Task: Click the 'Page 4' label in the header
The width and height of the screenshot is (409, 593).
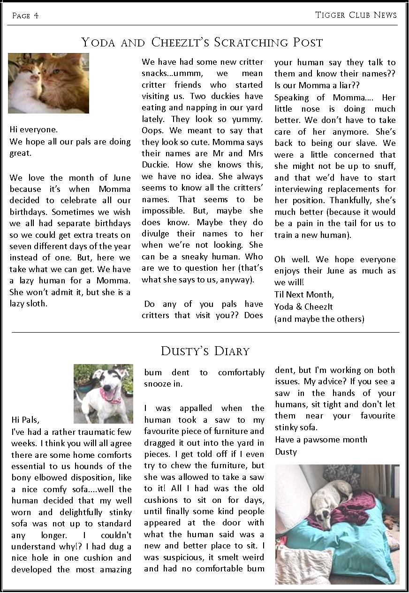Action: (x=25, y=16)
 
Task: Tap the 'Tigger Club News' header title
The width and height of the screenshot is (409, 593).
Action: (x=356, y=15)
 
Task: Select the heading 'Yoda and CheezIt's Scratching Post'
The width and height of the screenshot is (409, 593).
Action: (x=202, y=43)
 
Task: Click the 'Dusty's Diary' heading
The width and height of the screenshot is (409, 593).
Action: (x=205, y=351)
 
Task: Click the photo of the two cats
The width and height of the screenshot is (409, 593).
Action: (x=49, y=83)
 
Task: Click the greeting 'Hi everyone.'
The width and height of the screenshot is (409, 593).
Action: (x=34, y=129)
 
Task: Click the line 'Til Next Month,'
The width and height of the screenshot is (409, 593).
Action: (x=304, y=295)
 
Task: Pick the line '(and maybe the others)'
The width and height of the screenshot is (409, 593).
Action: (x=319, y=319)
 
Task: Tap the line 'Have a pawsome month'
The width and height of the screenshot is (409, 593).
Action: (x=321, y=440)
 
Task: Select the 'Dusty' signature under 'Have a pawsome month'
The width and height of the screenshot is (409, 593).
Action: (x=286, y=452)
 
